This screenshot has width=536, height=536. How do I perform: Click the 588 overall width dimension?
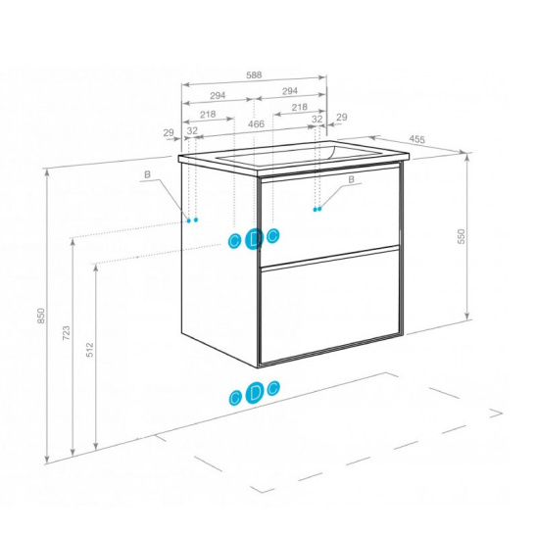coord(254,74)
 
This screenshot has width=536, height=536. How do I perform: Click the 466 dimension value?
coord(256,124)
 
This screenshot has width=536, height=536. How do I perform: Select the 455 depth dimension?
coord(417,139)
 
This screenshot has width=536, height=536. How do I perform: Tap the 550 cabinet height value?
coord(462,236)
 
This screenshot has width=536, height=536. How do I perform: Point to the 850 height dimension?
coord(41,316)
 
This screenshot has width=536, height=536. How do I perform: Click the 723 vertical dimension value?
coord(67,333)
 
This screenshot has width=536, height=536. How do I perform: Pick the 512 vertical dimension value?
coord(89,350)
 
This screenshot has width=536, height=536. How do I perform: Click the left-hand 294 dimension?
coord(218,95)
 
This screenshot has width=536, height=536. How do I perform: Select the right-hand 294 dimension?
coord(290,91)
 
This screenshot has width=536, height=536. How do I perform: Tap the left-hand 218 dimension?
coord(208,115)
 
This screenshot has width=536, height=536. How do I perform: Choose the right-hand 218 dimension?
coord(300,107)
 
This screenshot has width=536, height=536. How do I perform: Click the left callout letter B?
coord(147,174)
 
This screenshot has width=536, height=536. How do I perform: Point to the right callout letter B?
coord(351,179)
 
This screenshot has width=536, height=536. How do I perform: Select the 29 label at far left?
coord(169,132)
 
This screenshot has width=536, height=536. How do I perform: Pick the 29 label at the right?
coord(342,118)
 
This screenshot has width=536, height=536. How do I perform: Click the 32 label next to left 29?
coord(192,130)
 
